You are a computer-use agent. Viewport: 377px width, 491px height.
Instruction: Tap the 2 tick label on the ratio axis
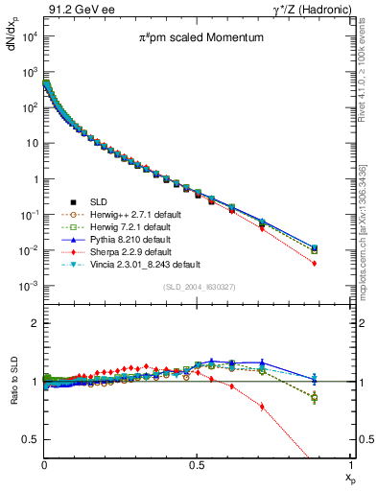pos(36,323)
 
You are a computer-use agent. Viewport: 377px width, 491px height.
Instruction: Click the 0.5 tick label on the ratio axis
pos(32,439)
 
